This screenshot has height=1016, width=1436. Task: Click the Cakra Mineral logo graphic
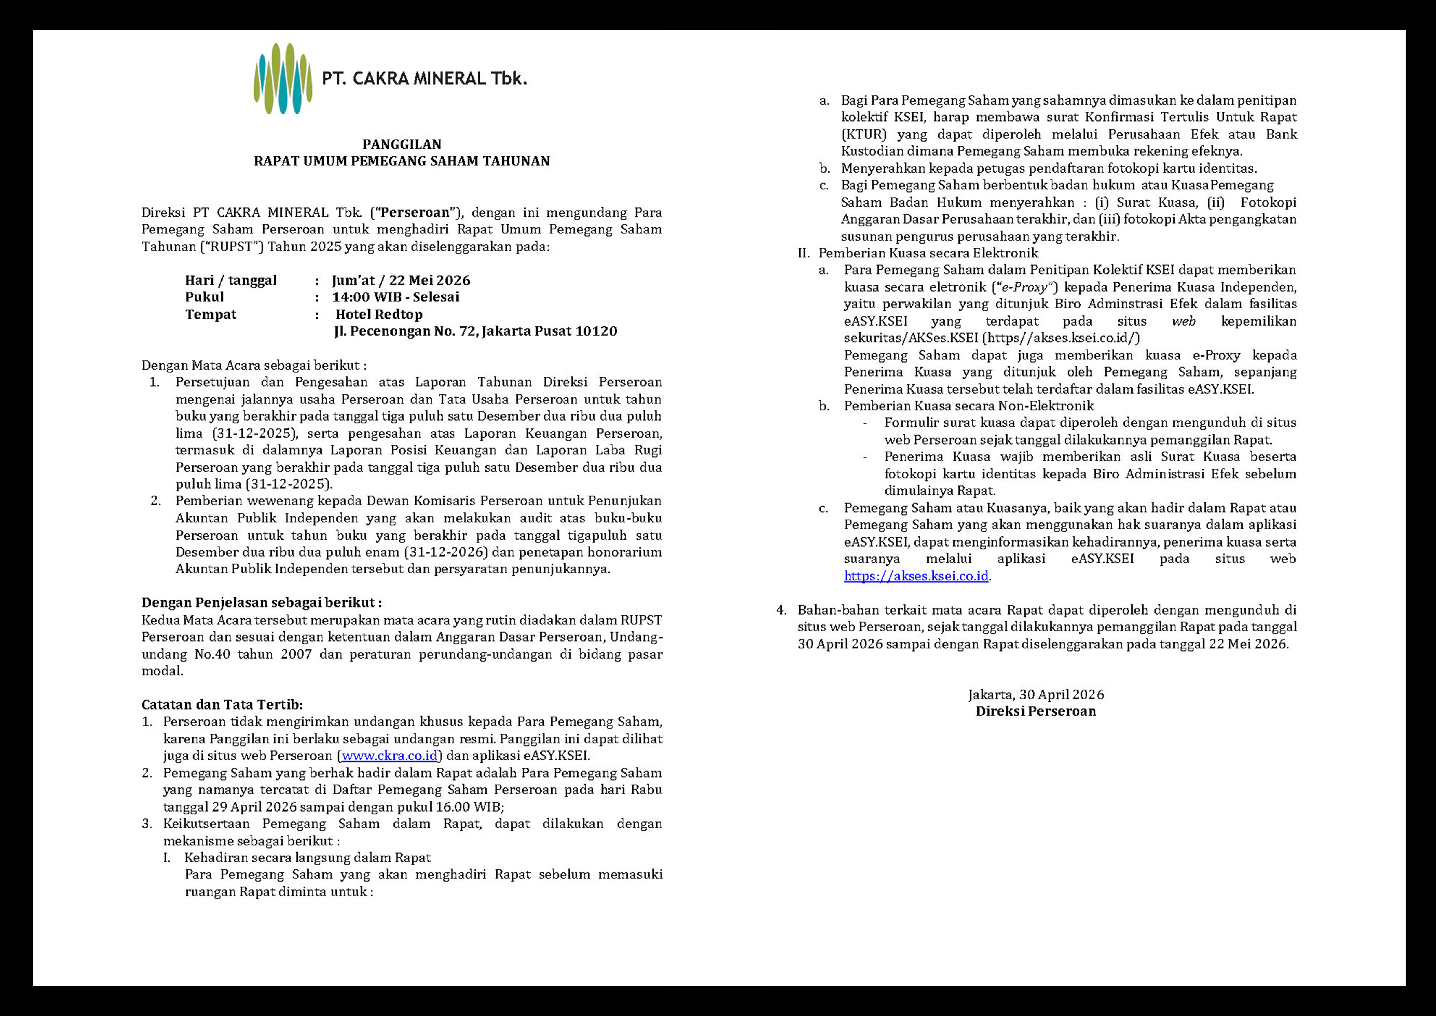[x=283, y=79]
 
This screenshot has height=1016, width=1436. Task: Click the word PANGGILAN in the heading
[x=401, y=144]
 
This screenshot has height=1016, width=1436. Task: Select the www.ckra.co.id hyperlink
[x=389, y=755]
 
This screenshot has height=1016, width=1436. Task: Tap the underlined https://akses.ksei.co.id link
[x=916, y=575]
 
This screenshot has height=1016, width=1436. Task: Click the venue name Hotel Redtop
[x=379, y=314]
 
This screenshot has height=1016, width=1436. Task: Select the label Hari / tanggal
[x=231, y=280]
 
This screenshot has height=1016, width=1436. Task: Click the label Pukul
[x=205, y=297]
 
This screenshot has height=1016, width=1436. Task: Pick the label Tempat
[x=211, y=314]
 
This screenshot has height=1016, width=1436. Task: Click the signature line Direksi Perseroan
[x=1036, y=711]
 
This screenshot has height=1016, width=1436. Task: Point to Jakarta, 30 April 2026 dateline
[x=1036, y=695]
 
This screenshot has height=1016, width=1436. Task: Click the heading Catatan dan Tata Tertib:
[x=222, y=704]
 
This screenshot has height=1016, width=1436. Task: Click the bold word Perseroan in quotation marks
[x=415, y=212]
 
